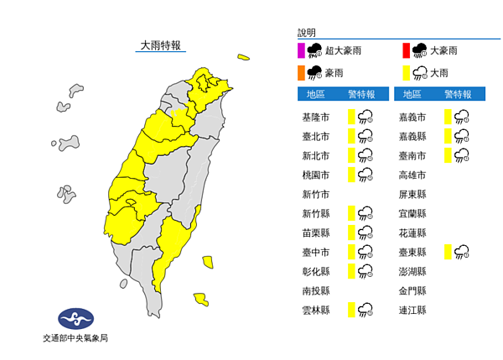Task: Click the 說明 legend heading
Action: point(307,33)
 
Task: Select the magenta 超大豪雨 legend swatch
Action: point(301,50)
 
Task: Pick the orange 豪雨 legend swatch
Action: point(301,72)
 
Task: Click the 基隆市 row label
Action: point(315,117)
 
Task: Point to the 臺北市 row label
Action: point(315,136)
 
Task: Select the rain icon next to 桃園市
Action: point(365,175)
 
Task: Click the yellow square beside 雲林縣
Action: point(352,310)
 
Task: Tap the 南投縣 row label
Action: point(315,290)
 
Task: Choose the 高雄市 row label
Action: point(412,175)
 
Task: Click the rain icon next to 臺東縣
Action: point(461,252)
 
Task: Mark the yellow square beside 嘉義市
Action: point(449,117)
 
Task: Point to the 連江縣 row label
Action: point(412,310)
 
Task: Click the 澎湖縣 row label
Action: point(412,271)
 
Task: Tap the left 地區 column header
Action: point(315,94)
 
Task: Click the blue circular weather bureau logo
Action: point(75,318)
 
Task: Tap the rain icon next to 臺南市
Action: point(461,155)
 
